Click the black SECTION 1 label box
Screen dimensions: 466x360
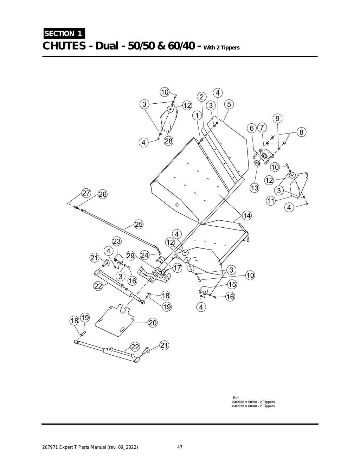coord(64,34)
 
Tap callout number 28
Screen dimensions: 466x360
coord(168,141)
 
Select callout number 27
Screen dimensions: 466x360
coord(86,193)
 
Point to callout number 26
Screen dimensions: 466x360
coord(103,194)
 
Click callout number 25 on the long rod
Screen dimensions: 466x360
coord(139,225)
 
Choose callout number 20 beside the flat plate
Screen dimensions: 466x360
coord(153,323)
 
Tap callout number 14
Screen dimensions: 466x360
coord(247,215)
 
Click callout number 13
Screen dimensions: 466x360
coord(254,188)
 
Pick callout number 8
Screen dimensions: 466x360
coord(301,132)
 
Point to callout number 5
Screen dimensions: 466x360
coord(229,104)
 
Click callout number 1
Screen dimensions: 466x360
coord(197,115)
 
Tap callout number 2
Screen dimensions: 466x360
coord(201,97)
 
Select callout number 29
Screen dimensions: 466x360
coord(131,256)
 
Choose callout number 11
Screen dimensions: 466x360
coord(270,201)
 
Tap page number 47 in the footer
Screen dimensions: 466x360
coord(180,447)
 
